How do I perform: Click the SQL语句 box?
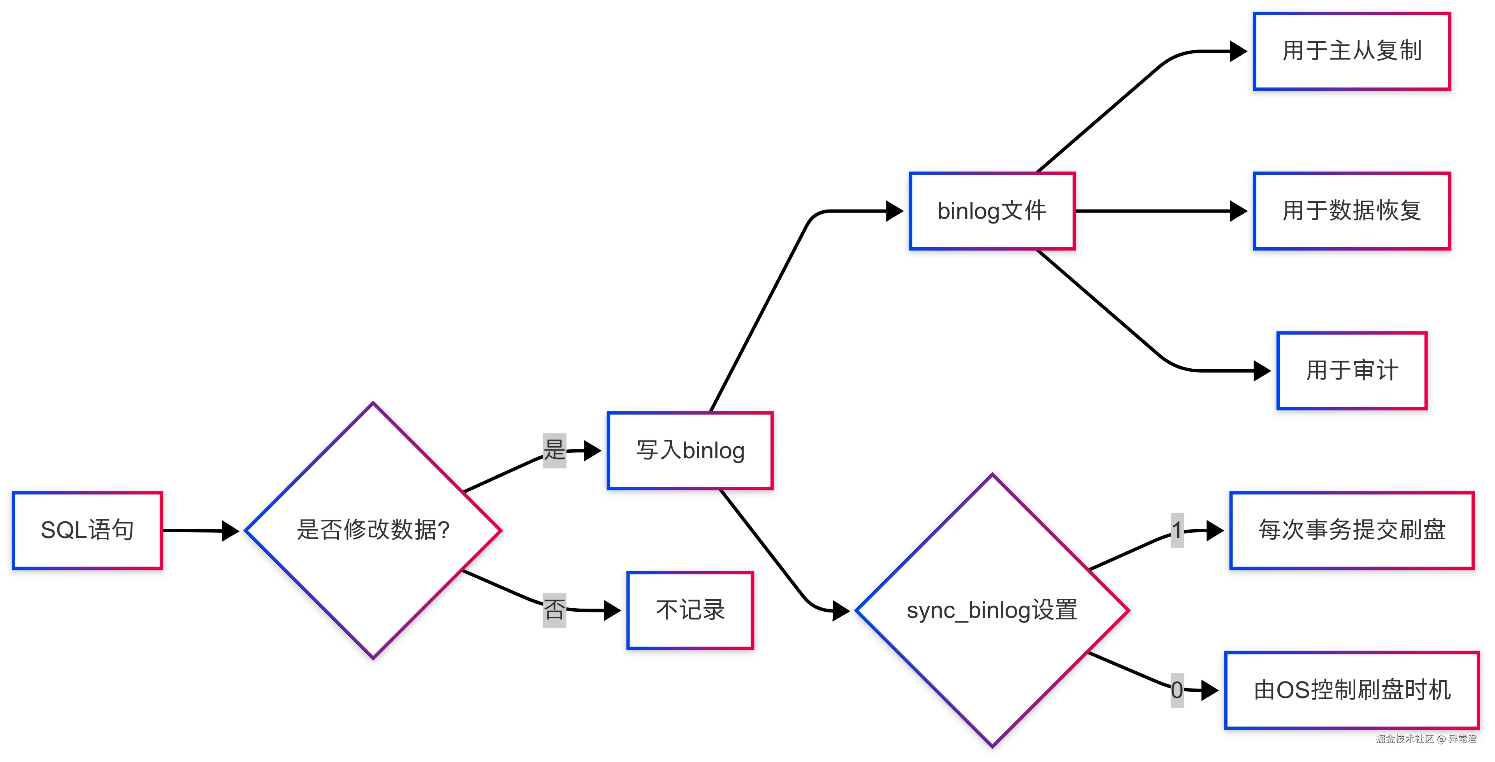click(87, 530)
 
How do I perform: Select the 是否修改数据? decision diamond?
click(373, 530)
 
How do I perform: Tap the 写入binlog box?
click(690, 451)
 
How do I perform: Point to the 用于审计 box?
click(1352, 371)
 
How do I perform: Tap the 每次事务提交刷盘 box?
click(1352, 530)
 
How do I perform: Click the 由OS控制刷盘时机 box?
click(1352, 690)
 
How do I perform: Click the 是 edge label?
click(554, 451)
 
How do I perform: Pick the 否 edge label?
click(554, 610)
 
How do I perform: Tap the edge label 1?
click(1177, 530)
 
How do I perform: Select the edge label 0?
click(1177, 690)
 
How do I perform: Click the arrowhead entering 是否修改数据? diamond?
click(231, 530)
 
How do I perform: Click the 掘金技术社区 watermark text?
click(1404, 739)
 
